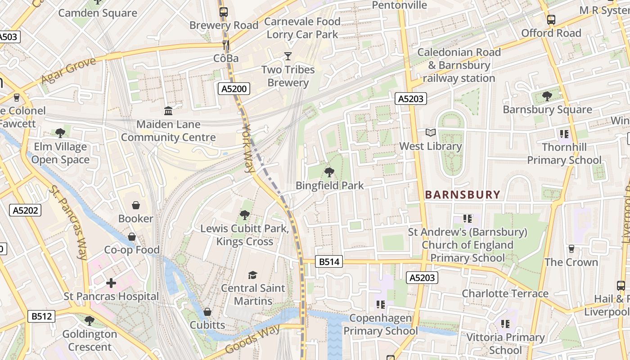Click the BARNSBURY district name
click(463, 195)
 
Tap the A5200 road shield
click(234, 89)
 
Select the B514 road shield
click(329, 261)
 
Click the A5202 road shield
click(26, 210)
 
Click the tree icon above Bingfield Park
click(329, 171)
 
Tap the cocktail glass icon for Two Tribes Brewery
click(288, 56)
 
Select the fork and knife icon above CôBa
click(226, 45)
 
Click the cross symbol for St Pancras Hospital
click(111, 283)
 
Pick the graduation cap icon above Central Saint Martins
click(253, 274)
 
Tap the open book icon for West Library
click(431, 133)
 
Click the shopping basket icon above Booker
click(135, 205)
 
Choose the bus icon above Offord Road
click(551, 20)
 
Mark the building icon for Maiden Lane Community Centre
click(168, 111)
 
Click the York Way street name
click(248, 148)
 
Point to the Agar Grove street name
click(68, 71)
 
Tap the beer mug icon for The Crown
click(571, 248)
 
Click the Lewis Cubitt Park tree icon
click(245, 215)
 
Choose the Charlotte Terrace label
click(505, 294)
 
